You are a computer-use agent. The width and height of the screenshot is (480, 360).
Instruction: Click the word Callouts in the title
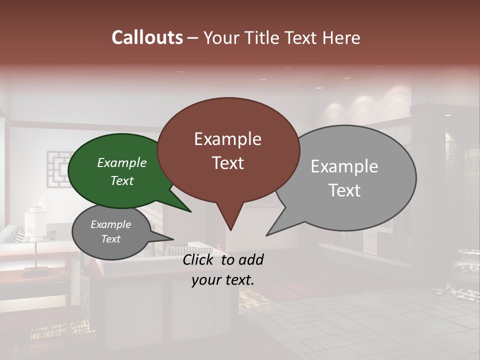(147, 37)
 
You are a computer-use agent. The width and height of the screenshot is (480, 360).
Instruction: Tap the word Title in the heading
(262, 37)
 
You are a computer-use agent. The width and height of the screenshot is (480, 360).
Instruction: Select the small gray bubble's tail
(167, 238)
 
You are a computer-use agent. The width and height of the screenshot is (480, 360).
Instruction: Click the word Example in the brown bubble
(227, 139)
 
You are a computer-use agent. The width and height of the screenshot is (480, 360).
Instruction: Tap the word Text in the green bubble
(122, 181)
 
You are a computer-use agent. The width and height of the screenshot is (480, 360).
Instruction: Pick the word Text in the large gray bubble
(344, 190)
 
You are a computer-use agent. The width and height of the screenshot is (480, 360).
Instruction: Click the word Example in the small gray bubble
(110, 224)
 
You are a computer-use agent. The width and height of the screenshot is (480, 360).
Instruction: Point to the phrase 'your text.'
(223, 280)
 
